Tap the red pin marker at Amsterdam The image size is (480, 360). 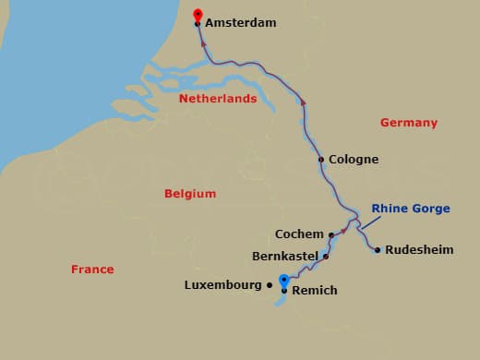(197, 15)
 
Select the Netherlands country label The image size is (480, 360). (218, 98)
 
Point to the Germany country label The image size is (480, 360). (408, 123)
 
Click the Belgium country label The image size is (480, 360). (190, 194)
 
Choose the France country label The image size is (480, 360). (92, 270)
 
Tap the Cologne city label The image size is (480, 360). (354, 159)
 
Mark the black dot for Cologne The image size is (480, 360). (321, 159)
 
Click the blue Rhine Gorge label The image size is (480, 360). (411, 209)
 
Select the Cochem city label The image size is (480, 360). (299, 234)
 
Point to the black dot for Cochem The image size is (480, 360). (331, 234)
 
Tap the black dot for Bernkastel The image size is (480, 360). (326, 256)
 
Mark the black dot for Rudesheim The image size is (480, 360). (378, 249)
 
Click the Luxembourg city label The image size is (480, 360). (223, 285)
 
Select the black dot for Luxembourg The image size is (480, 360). (270, 285)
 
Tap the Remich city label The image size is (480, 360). (315, 291)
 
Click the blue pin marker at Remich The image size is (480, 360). (284, 281)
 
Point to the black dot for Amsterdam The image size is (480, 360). (198, 25)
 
